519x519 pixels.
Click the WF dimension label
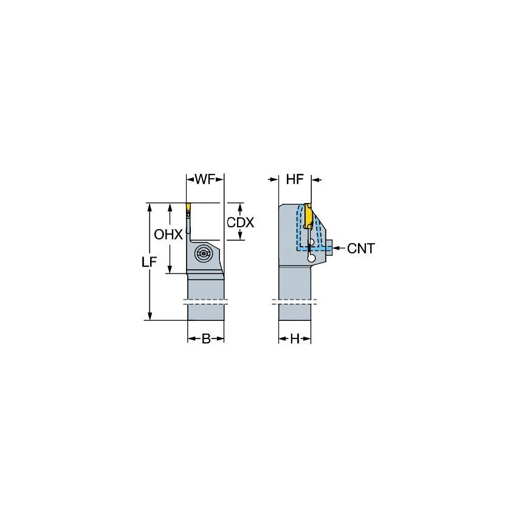pos(205,179)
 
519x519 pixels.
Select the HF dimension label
pos(295,179)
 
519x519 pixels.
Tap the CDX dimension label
pos(240,222)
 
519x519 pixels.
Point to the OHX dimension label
pos(168,235)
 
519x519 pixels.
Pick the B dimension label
pos(206,339)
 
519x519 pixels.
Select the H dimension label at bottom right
pos(295,339)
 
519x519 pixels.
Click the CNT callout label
pos(361,248)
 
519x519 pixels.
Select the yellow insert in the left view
pos(188,210)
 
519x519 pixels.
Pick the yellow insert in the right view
pos(309,215)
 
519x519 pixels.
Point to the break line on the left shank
pos(205,301)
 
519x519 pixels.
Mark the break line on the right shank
pos(295,301)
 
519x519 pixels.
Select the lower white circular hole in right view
pos(311,258)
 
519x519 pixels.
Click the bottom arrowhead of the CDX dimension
pos(240,236)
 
